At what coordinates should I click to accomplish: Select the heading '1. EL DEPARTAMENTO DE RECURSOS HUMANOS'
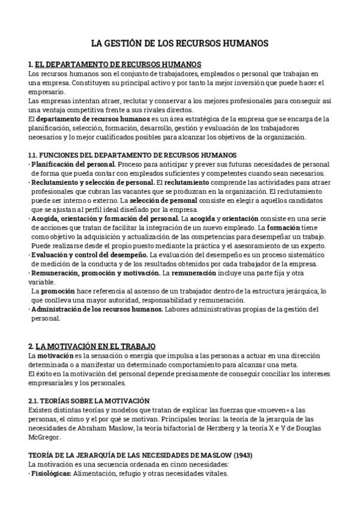(x=115, y=64)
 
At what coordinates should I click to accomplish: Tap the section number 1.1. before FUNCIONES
(x=34, y=155)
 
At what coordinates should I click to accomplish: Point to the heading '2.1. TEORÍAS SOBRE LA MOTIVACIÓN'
(x=89, y=400)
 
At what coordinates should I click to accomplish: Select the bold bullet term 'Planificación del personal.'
(x=74, y=164)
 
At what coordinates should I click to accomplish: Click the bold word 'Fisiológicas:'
(x=51, y=474)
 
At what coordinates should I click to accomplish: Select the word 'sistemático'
(x=307, y=254)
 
